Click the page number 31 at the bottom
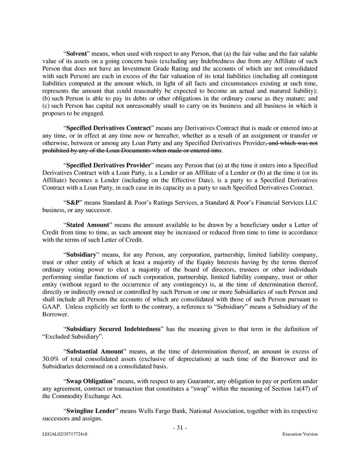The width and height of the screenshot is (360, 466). pos(180,428)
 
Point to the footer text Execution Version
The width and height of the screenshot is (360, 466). pos(300,434)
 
